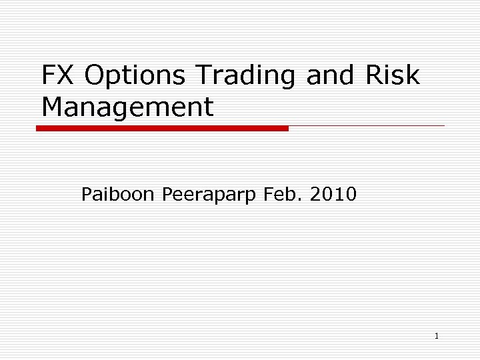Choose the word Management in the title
127,107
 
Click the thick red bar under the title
162,128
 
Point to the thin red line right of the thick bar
367,125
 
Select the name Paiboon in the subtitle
117,195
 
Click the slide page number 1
436,336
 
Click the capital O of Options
95,76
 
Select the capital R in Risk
374,76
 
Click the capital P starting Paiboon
87,195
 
